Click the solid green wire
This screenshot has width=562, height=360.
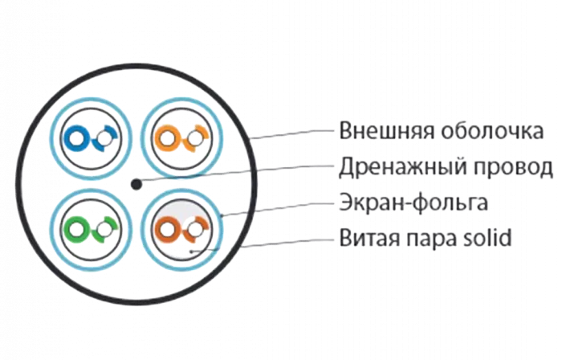(79, 230)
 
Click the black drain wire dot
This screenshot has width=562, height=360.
(136, 185)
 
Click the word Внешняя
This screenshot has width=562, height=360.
(382, 130)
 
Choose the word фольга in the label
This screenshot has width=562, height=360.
(454, 203)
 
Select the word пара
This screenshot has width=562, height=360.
(433, 239)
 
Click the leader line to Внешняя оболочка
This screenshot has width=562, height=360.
(297, 134)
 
